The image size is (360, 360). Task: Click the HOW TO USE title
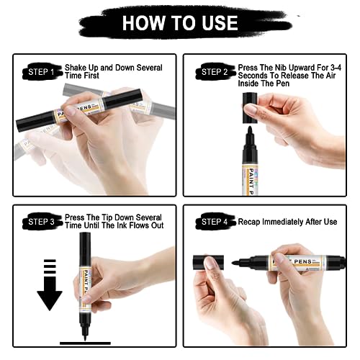pos(179,22)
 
